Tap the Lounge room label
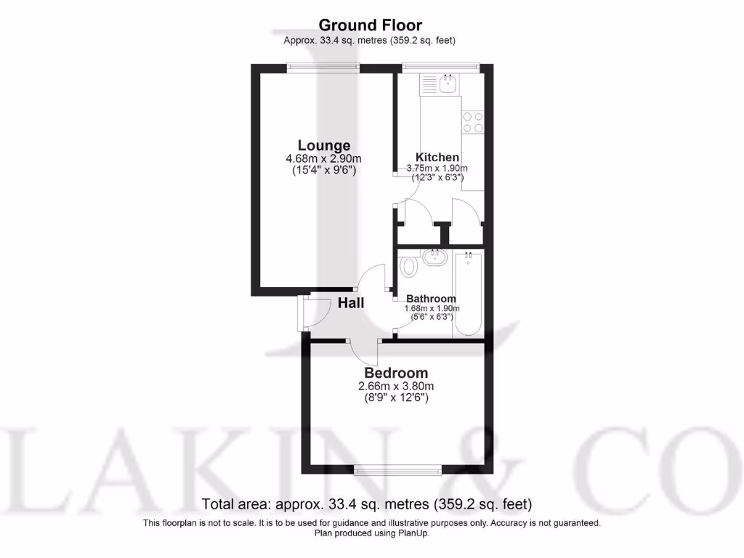323,145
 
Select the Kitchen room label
437,157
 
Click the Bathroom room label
431,299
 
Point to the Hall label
351,303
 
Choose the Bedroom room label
396,373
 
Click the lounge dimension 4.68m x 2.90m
323,158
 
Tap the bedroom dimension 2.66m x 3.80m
396,386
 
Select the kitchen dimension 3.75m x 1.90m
437,168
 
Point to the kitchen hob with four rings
474,121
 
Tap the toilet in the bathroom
410,266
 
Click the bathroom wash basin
436,256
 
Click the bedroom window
397,470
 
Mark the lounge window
323,68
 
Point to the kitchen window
441,68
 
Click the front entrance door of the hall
306,313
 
